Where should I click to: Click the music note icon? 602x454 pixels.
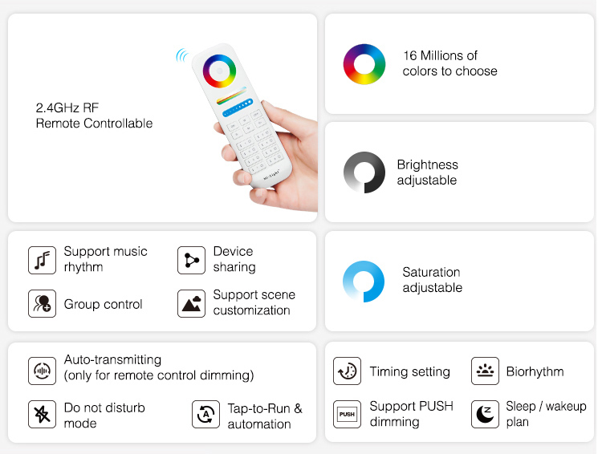pos(42,260)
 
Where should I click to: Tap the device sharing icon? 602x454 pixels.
pos(191,260)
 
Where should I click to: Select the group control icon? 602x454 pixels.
pos(42,303)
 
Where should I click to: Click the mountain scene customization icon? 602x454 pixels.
pos(191,303)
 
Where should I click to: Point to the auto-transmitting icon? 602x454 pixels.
pos(42,371)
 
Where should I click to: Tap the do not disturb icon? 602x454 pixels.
pos(42,414)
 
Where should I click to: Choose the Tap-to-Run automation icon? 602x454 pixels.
pos(205,414)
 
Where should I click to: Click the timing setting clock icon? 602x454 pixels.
pos(347,371)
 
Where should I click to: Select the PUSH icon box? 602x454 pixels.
pos(347,414)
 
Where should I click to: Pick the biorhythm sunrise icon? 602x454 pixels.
pos(485,371)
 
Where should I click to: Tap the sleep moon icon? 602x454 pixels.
pos(485,414)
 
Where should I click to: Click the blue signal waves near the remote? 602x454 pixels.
pos(181,55)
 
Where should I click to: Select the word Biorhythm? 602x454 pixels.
pos(535,371)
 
